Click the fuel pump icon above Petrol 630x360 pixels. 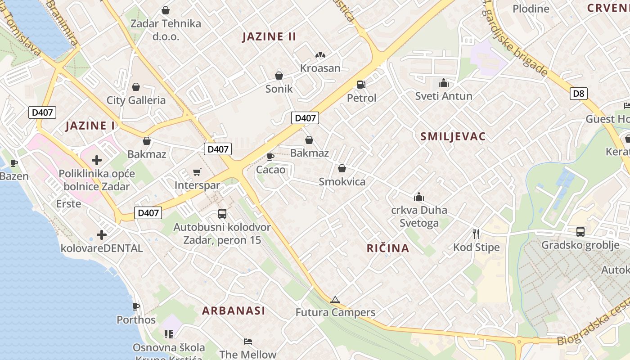point(360,84)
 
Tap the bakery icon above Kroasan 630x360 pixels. point(320,55)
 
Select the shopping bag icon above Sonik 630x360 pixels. point(279,76)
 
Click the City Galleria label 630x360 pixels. point(136,100)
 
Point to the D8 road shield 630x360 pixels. point(579,94)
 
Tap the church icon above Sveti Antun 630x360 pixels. point(444,83)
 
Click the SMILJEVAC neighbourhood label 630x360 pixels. point(453,137)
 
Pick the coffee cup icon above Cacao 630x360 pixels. point(270,157)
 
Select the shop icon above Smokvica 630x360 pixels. point(342,169)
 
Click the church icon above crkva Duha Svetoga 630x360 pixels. point(419,197)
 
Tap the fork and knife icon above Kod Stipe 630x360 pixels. point(476,234)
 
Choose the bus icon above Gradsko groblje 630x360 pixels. point(580,232)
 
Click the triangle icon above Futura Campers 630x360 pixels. point(335,300)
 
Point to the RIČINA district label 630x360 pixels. point(388,248)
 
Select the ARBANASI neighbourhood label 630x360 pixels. point(234,310)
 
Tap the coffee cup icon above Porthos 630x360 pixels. point(136,307)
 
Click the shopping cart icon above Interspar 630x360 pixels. point(197,172)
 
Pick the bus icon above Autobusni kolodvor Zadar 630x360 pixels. point(222,214)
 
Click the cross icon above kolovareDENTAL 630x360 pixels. point(102,234)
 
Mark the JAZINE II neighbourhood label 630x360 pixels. point(269,37)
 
